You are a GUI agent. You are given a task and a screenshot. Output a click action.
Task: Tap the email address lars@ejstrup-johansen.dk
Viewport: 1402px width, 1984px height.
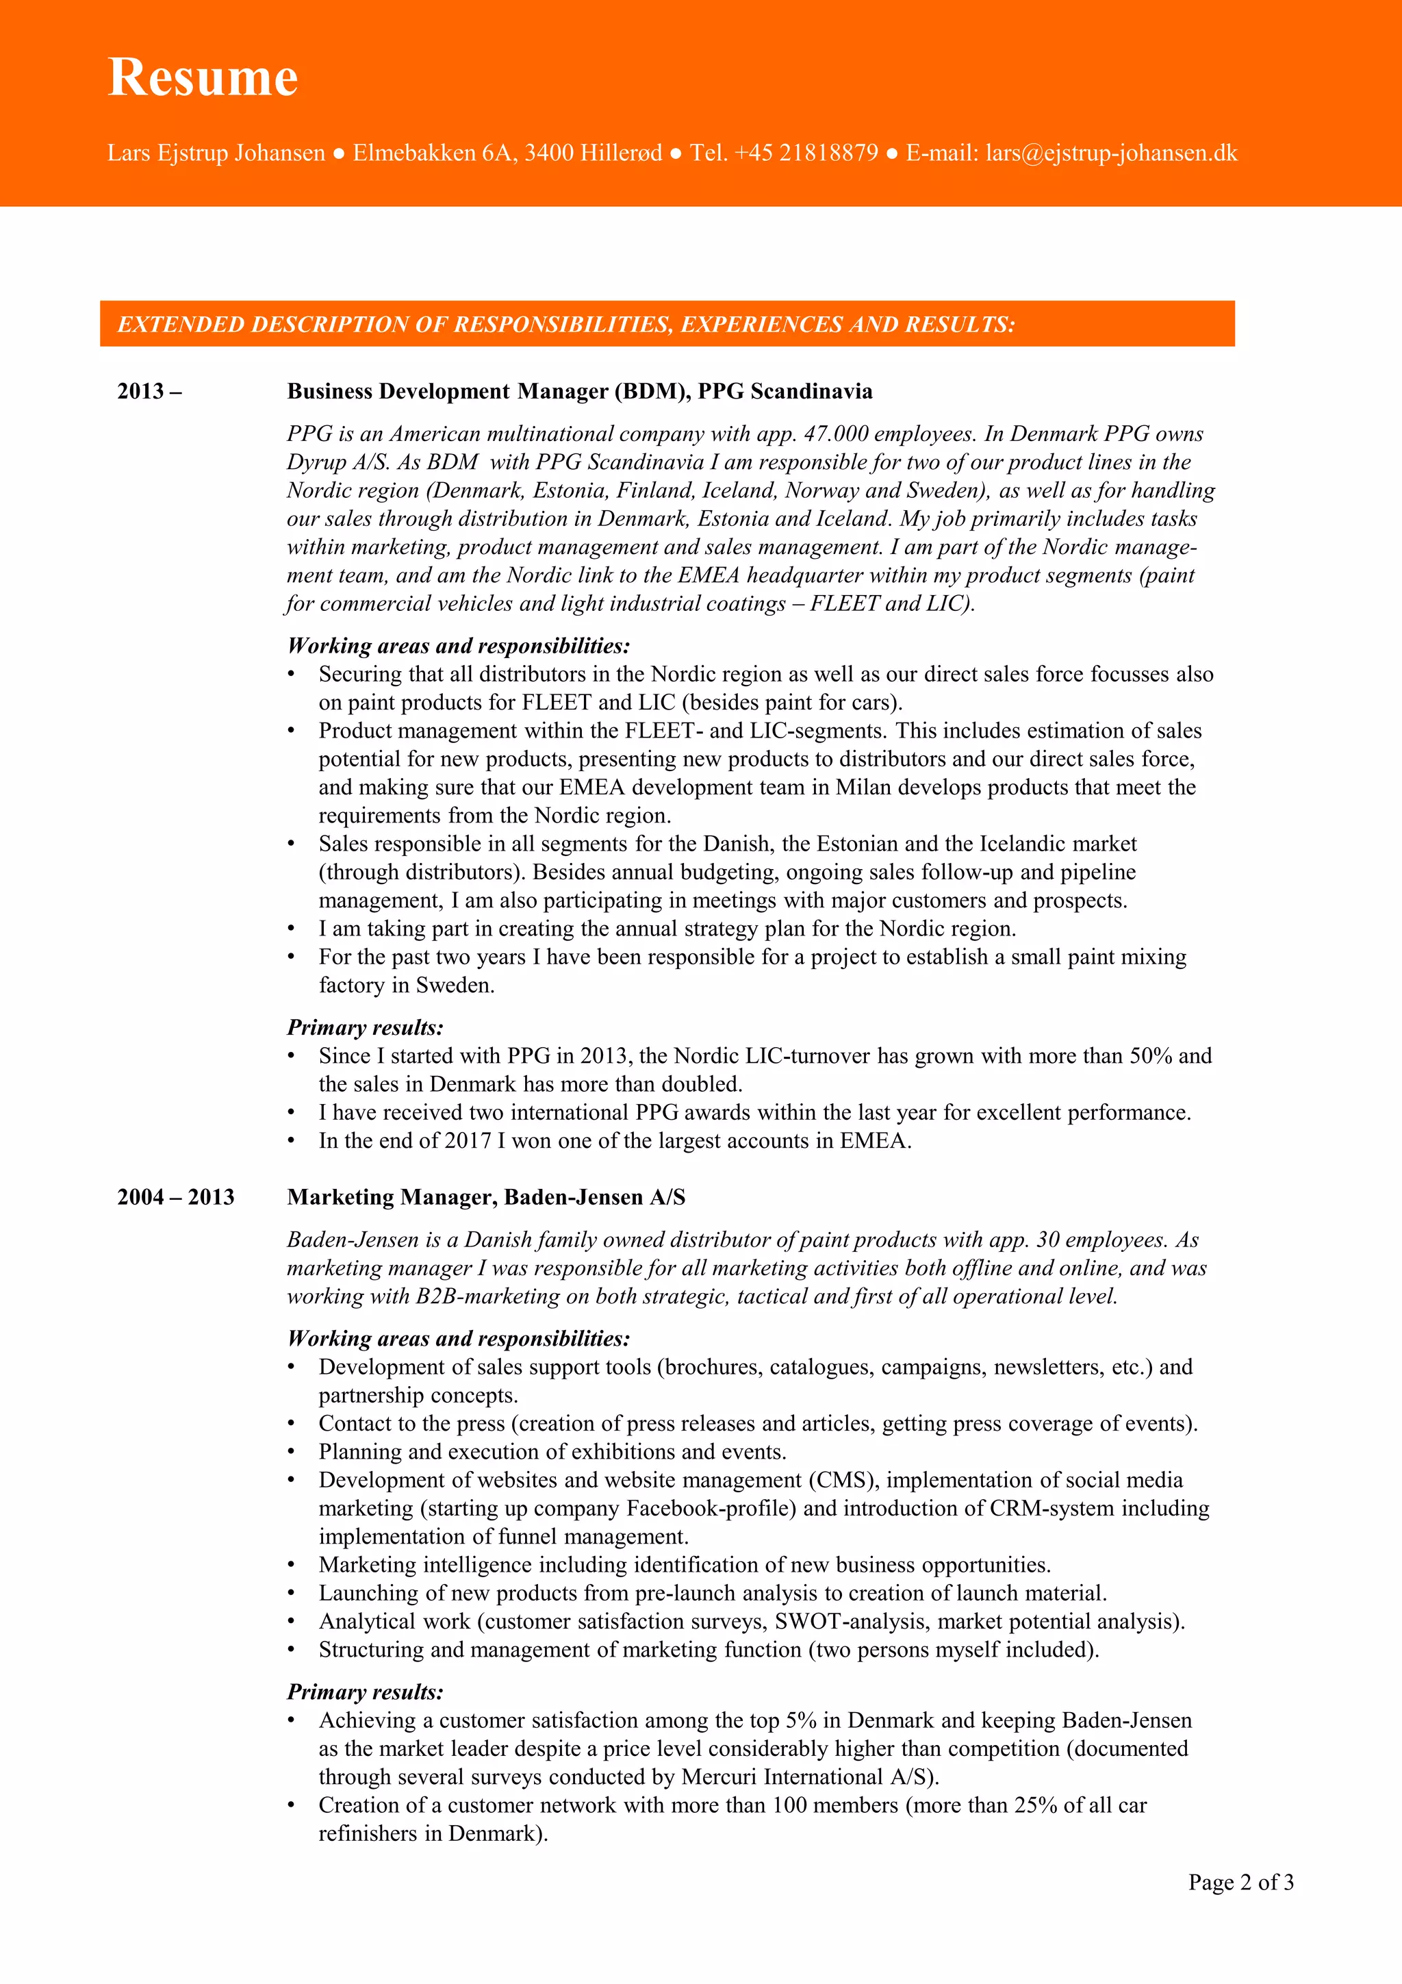point(1111,153)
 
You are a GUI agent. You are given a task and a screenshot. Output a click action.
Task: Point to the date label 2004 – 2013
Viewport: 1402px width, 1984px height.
point(175,1197)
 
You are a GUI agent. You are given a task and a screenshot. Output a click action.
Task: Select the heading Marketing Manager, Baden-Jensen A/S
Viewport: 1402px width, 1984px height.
point(486,1197)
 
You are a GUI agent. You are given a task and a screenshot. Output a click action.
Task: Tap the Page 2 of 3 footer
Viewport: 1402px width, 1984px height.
point(1240,1882)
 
